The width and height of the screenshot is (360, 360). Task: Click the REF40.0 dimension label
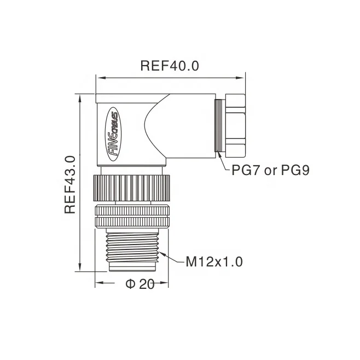(x=169, y=66)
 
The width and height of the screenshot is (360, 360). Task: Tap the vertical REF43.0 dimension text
(x=69, y=184)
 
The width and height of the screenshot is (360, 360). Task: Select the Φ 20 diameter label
(x=140, y=284)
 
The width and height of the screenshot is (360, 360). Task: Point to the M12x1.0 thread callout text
(x=213, y=262)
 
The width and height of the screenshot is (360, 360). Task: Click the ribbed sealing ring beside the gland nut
(x=219, y=125)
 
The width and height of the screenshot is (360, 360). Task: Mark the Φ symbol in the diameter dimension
(x=130, y=284)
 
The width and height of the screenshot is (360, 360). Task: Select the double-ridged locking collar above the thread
(x=132, y=216)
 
